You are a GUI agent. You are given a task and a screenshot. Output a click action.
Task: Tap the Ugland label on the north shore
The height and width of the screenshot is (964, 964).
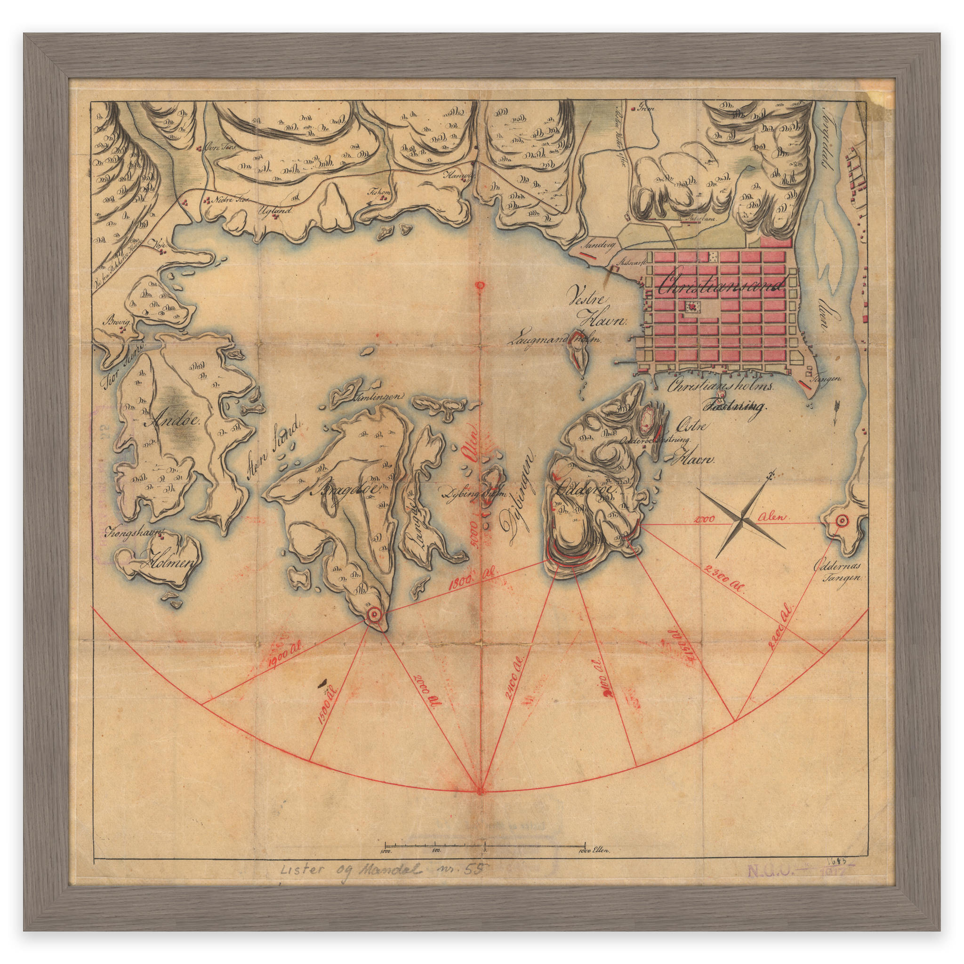[x=273, y=210]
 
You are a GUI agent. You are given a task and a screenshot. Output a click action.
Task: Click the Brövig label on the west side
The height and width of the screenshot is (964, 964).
[x=116, y=322]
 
